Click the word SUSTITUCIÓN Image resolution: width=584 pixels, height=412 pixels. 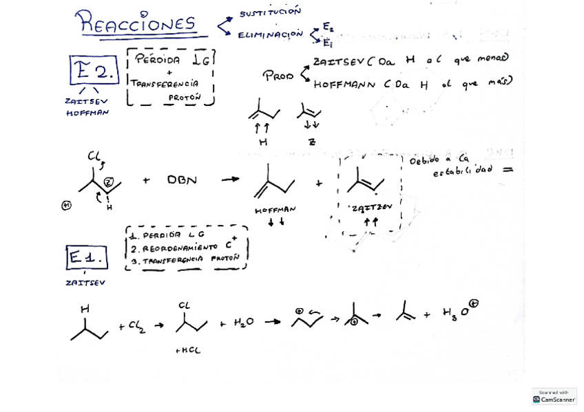[270, 12]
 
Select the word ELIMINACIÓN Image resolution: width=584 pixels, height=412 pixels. [270, 34]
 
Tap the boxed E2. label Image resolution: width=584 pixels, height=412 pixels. [94, 71]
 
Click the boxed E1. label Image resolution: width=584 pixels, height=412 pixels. [87, 258]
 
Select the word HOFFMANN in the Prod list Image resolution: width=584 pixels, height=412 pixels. [344, 85]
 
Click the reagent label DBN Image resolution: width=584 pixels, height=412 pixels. [182, 180]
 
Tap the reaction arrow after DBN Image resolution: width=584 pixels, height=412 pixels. [230, 180]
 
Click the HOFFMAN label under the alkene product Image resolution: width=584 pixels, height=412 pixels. [275, 210]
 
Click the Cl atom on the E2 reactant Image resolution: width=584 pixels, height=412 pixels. [94, 157]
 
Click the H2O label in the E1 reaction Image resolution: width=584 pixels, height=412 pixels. [242, 323]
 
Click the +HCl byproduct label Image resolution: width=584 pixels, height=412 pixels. [187, 351]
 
